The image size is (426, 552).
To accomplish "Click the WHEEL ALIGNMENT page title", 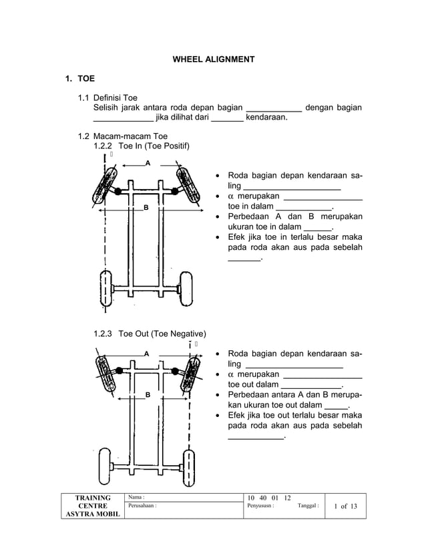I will (x=213, y=59).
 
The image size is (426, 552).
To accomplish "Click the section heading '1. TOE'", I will (x=79, y=79).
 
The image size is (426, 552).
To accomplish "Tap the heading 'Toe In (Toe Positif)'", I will (x=154, y=146).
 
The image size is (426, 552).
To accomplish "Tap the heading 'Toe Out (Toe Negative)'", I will (x=162, y=334).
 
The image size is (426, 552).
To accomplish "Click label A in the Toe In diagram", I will (x=148, y=163).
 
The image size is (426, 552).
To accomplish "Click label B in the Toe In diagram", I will (x=146, y=209).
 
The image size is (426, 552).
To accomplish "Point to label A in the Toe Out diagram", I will (x=146, y=353).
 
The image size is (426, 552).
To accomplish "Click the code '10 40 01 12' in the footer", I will (x=268, y=497).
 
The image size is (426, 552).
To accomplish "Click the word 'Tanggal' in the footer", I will (x=307, y=506).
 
